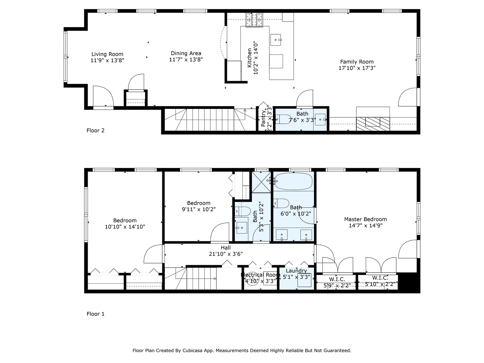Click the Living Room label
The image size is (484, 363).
point(107,54)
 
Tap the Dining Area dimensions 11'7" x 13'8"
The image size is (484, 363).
point(186,59)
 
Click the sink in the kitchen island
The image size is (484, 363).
point(276,40)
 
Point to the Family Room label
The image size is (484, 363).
point(357,62)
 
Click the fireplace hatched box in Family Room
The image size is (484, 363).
point(373,124)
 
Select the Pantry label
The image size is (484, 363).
point(263,118)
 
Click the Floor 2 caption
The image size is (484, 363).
point(95,130)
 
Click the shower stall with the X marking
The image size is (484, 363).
point(261,182)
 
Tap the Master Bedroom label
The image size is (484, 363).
point(365,219)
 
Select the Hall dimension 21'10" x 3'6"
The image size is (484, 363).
point(226,254)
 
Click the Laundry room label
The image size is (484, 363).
point(296,271)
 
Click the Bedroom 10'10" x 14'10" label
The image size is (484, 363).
point(125,220)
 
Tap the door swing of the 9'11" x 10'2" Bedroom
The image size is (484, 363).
point(219,233)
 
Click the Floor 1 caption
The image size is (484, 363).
point(95,314)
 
